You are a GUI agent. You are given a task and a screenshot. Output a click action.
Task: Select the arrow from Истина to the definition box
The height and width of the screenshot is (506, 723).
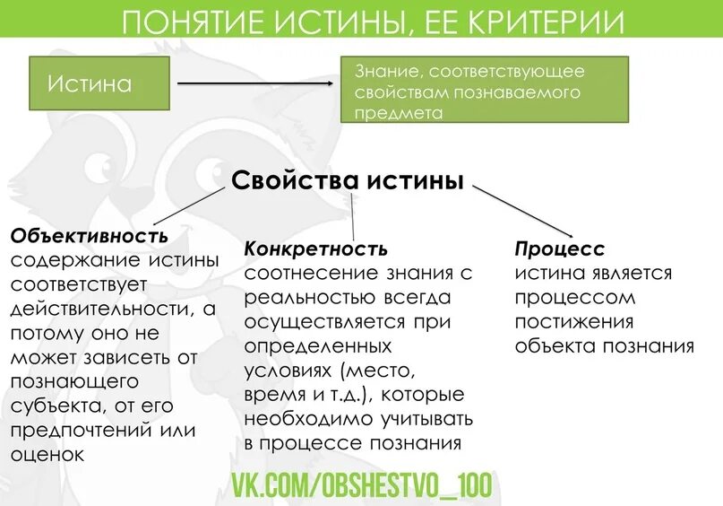click(255, 83)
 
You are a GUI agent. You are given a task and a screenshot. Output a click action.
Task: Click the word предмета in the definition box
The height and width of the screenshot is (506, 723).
click(400, 114)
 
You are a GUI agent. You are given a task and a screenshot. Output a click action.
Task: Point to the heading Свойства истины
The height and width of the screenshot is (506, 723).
click(348, 180)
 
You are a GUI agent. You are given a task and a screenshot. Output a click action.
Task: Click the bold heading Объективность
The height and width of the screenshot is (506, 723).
click(90, 236)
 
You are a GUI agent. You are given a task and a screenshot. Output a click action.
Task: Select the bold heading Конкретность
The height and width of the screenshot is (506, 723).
click(315, 249)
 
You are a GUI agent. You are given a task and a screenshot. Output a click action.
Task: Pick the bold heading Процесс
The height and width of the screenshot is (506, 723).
click(560, 249)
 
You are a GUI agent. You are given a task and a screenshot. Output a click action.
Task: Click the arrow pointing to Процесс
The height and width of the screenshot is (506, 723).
click(522, 210)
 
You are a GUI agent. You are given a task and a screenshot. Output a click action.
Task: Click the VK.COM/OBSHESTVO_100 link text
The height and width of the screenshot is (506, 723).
click(362, 484)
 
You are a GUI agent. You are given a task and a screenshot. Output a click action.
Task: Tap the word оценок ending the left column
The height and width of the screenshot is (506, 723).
click(47, 454)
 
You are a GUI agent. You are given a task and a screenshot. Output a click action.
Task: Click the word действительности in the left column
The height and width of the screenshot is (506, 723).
click(100, 309)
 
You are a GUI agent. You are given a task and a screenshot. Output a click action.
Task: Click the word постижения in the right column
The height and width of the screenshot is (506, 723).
click(573, 321)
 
